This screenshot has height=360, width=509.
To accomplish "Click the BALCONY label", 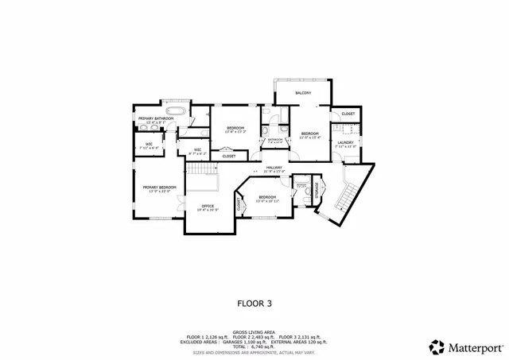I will (x=303, y=94).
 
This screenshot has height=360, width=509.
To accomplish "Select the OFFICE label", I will (x=207, y=206).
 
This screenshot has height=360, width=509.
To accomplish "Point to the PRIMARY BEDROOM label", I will (x=157, y=188).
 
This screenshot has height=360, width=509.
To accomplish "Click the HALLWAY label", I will (x=274, y=168).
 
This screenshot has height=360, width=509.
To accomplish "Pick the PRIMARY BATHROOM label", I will (x=155, y=118).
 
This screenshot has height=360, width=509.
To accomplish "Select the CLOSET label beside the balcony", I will (x=348, y=114).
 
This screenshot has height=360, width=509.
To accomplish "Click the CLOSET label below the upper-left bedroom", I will (x=228, y=156).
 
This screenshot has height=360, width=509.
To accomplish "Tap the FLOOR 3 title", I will (x=254, y=303).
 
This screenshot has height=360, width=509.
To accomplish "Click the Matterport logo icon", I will (x=437, y=346).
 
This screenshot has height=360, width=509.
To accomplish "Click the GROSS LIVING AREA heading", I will (x=254, y=332).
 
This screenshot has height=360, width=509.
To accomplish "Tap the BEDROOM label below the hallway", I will (x=267, y=197).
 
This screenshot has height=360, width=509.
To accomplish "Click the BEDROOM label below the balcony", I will (x=309, y=133).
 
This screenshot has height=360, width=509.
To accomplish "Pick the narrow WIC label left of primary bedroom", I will (x=149, y=145).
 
